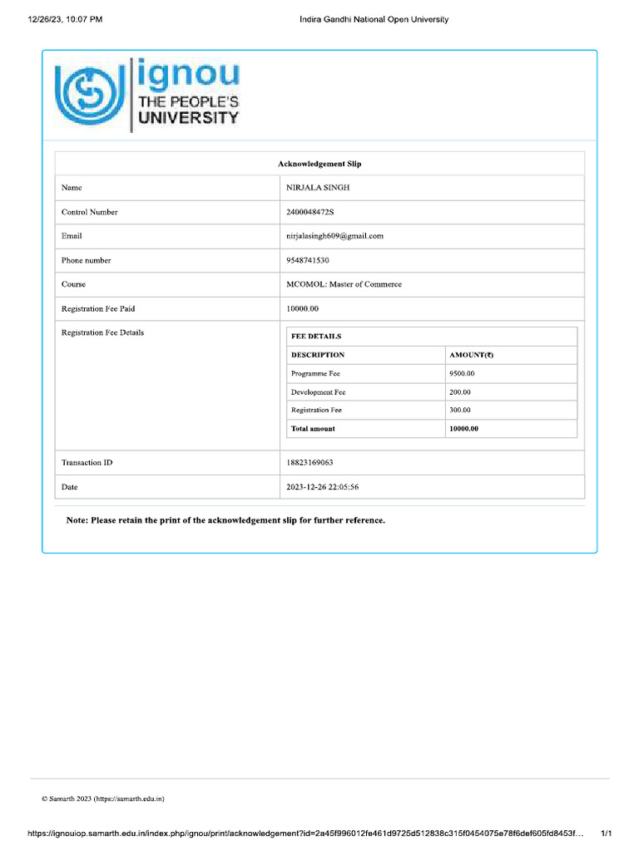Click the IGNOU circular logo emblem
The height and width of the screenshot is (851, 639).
coord(89,95)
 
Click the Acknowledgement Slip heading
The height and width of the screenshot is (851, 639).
coord(319,164)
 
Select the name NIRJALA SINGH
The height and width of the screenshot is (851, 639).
coord(318,188)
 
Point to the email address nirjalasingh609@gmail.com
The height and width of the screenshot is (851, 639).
coord(334,236)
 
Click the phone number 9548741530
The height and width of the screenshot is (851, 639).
coord(308,260)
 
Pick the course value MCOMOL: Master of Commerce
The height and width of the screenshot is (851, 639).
coord(344,284)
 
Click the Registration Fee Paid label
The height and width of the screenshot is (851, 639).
coord(98,308)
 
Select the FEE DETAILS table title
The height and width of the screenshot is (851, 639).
coord(316,337)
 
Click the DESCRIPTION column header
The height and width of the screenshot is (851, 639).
coord(318,355)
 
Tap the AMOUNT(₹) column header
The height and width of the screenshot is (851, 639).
coord(471,355)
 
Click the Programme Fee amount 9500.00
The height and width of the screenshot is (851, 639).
coord(462,374)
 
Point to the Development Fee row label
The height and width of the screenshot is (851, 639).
coord(318,392)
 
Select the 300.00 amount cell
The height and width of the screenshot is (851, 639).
coord(460,411)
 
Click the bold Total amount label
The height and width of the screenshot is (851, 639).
coord(313,429)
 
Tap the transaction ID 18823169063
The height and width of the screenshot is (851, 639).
coord(310,462)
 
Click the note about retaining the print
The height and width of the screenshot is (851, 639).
coord(225,520)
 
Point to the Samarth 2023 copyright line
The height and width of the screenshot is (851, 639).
coord(103,799)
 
